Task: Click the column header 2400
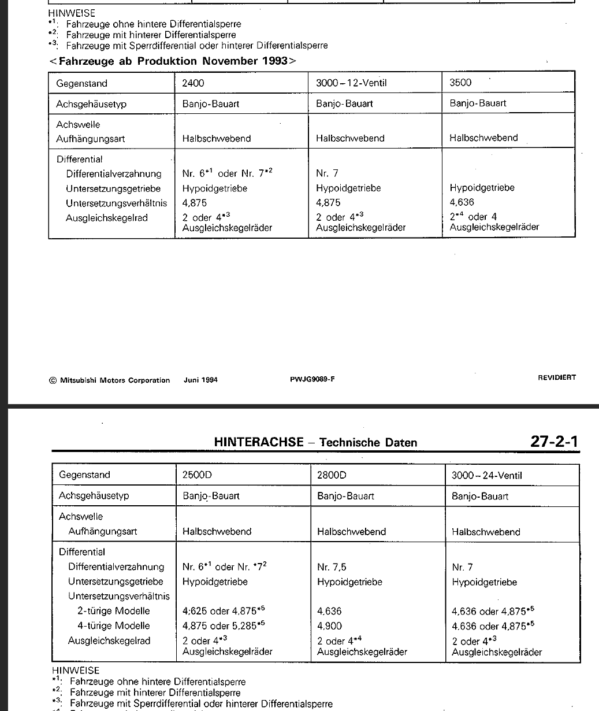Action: pyautogui.click(x=193, y=83)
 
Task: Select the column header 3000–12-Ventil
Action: pyautogui.click(x=351, y=83)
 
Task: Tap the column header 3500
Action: pyautogui.click(x=460, y=83)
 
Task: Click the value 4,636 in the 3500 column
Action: pyautogui.click(x=462, y=202)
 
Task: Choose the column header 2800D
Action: pyautogui.click(x=332, y=475)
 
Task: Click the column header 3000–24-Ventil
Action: pyautogui.click(x=486, y=476)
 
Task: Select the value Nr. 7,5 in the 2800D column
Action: pyautogui.click(x=332, y=567)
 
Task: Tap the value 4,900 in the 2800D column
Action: pyautogui.click(x=329, y=625)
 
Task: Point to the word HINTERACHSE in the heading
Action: pyautogui.click(x=258, y=442)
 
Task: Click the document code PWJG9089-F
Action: pyautogui.click(x=312, y=380)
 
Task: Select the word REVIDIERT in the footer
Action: pyautogui.click(x=556, y=377)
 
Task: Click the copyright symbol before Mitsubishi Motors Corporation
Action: pyautogui.click(x=53, y=380)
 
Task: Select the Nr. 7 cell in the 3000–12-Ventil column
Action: pyautogui.click(x=327, y=173)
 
